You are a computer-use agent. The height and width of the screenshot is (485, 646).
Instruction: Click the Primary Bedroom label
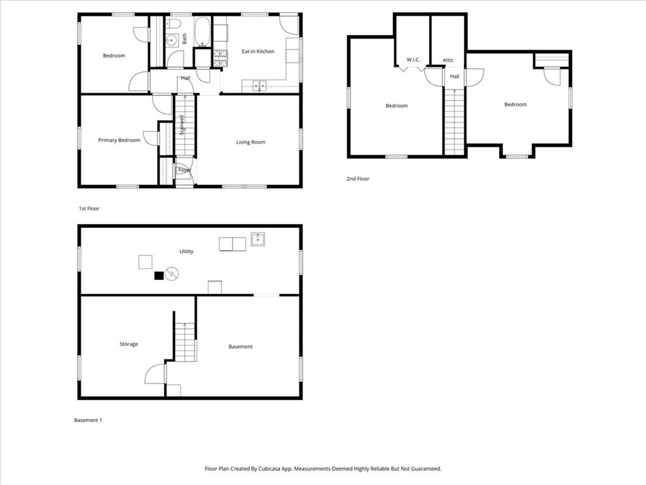[x=119, y=140]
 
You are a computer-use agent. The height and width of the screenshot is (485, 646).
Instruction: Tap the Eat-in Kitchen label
[x=258, y=52]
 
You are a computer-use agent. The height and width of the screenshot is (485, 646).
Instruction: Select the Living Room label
[x=250, y=143]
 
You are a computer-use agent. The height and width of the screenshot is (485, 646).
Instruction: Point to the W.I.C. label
[x=413, y=60]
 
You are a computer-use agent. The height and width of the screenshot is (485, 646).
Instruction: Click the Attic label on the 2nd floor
[x=448, y=61]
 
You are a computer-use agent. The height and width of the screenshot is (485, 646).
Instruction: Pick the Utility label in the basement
[x=186, y=251]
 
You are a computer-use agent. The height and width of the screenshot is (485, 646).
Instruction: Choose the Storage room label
[x=129, y=344]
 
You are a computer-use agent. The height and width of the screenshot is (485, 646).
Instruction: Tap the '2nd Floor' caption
[x=358, y=179]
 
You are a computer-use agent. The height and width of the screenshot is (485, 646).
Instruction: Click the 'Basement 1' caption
[x=88, y=420]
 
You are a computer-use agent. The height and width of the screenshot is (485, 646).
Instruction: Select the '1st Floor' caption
[x=89, y=208]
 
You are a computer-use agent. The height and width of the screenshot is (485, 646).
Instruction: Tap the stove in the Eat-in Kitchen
[x=220, y=58]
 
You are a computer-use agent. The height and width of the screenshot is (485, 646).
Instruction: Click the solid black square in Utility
[x=158, y=275]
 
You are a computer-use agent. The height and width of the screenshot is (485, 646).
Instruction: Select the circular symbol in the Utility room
[x=171, y=273]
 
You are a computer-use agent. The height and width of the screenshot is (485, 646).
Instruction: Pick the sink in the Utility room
[x=257, y=239]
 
